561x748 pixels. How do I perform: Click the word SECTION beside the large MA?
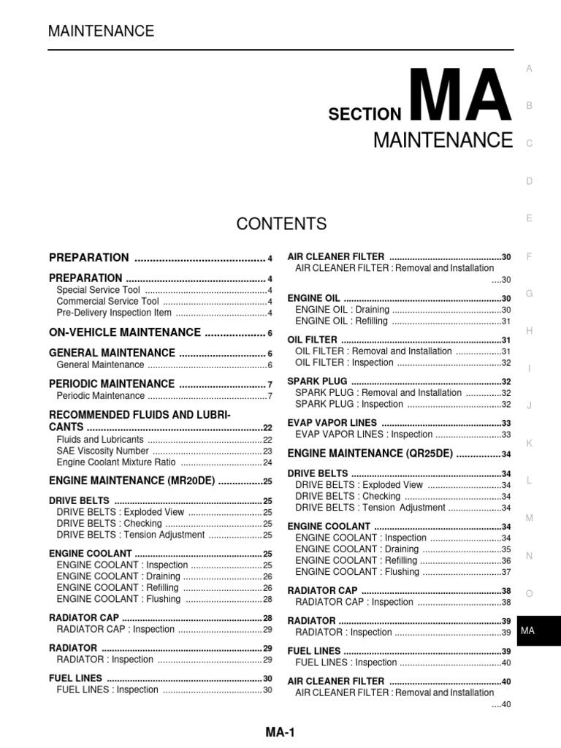[365, 114]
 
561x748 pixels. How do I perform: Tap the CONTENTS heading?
[281, 224]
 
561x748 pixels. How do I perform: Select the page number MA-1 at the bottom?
[280, 732]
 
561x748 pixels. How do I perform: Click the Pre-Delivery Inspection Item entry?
[113, 313]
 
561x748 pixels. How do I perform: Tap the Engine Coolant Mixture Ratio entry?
[115, 462]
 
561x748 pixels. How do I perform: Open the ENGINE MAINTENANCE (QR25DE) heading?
[370, 454]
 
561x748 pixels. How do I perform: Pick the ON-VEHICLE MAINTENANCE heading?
[124, 332]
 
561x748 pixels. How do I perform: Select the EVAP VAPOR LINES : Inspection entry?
[364, 434]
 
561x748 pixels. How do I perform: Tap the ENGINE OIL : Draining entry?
[342, 310]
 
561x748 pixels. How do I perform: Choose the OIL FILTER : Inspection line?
[344, 362]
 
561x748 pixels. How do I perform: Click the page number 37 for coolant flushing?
[505, 572]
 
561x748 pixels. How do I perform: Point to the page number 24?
[267, 462]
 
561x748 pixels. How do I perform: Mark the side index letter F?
[529, 256]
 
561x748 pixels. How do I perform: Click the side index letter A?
[529, 69]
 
